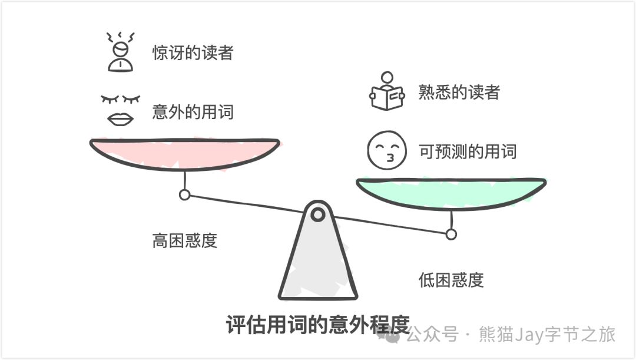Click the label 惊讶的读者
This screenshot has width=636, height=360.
[x=193, y=53]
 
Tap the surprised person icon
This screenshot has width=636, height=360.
[x=120, y=52]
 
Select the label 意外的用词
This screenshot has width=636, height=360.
[x=193, y=111]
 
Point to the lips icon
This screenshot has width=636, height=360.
[x=120, y=118]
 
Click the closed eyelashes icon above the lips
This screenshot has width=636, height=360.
[x=121, y=98]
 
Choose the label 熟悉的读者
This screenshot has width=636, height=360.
[x=459, y=93]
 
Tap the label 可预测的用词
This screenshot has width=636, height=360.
[x=467, y=151]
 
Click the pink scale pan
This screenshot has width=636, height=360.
[x=184, y=153]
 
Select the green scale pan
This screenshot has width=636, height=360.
[x=451, y=192]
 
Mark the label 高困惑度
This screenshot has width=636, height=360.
[x=184, y=240]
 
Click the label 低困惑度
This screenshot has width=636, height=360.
[x=450, y=280]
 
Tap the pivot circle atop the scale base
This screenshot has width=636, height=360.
[x=318, y=214]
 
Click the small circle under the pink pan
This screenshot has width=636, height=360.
[x=185, y=194]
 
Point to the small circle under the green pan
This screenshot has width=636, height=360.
[x=451, y=235]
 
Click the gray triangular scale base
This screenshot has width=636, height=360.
[x=318, y=265]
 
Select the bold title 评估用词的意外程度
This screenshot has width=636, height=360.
[x=317, y=325]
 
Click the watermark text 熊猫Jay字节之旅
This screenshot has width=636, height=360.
[x=548, y=335]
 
